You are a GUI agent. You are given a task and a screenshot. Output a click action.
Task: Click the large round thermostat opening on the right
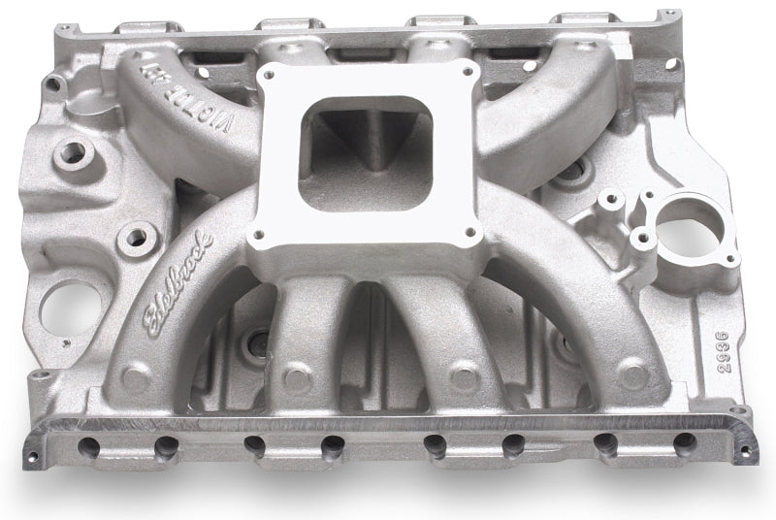tap(690, 230)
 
